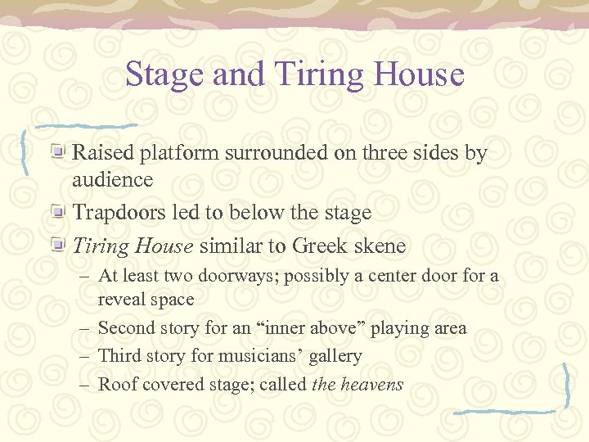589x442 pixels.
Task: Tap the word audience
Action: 113,179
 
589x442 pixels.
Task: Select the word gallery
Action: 333,357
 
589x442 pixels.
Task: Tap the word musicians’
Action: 261,356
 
